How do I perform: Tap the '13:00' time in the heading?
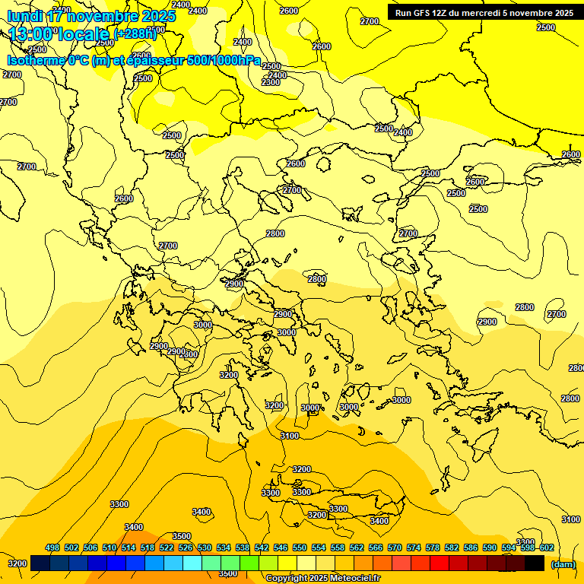[x=30, y=34]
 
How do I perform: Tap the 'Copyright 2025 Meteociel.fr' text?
[x=322, y=578]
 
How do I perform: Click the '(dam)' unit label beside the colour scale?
[x=563, y=563]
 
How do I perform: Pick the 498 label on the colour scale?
[x=52, y=547]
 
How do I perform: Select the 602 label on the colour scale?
[x=547, y=547]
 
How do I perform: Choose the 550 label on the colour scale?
[x=300, y=547]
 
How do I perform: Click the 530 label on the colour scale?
[x=205, y=547]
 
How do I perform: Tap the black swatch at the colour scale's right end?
[x=535, y=563]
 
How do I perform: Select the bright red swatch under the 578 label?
[x=439, y=563]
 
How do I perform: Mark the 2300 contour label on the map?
[x=271, y=82]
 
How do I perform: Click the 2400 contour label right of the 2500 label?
[x=403, y=132]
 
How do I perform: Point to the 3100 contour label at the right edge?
[x=571, y=519]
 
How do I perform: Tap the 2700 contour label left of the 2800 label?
[x=557, y=314]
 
